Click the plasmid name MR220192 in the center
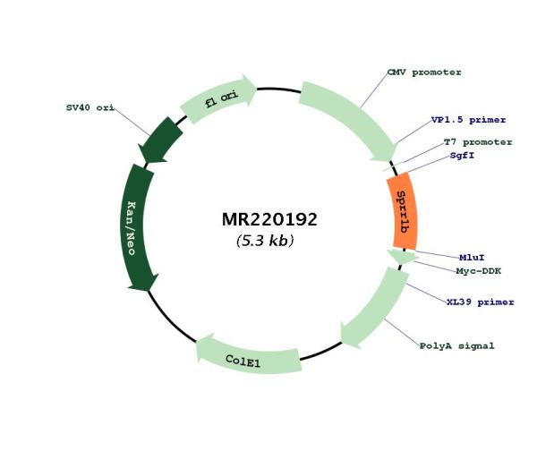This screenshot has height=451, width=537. [x=269, y=219]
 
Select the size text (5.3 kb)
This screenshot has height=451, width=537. [x=265, y=241]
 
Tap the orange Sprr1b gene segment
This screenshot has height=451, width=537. [x=403, y=211]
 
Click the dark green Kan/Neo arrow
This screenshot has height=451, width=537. [x=136, y=227]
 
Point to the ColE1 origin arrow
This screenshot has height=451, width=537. [x=249, y=357]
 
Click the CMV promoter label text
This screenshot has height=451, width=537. [x=424, y=72]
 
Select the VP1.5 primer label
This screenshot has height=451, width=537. [x=468, y=120]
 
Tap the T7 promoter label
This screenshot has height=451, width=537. [x=478, y=141]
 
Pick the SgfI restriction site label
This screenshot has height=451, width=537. [x=462, y=156]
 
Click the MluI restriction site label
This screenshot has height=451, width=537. [x=472, y=258]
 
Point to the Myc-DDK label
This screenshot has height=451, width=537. [x=478, y=271]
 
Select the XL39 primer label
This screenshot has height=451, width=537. [x=480, y=302]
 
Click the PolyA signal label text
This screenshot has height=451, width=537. [x=456, y=346]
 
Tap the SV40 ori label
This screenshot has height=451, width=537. [x=90, y=107]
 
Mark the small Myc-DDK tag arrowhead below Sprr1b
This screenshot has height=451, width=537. [x=403, y=257]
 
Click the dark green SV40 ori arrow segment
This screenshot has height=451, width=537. [x=160, y=140]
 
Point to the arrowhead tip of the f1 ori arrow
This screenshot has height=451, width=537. [x=257, y=89]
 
